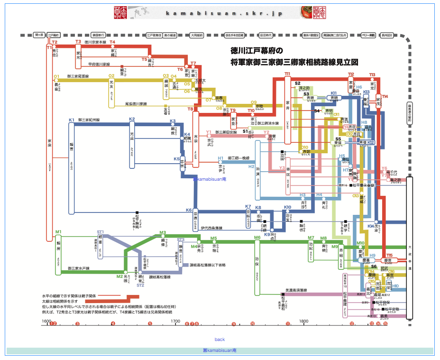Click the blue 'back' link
[220, 340]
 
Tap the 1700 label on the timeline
[175, 321]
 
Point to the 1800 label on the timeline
[304, 321]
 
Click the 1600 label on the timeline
[46, 321]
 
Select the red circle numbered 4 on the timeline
[113, 324]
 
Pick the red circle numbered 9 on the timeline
[233, 324]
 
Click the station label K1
[72, 120]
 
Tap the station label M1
[58, 231]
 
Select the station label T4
[112, 42]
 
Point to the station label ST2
[140, 286]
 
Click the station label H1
[220, 158]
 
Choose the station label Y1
[209, 132]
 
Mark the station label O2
[111, 75]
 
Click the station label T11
[287, 74]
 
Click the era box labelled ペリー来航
[369, 35]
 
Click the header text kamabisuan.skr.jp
[224, 13]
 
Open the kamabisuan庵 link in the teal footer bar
[220, 351]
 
